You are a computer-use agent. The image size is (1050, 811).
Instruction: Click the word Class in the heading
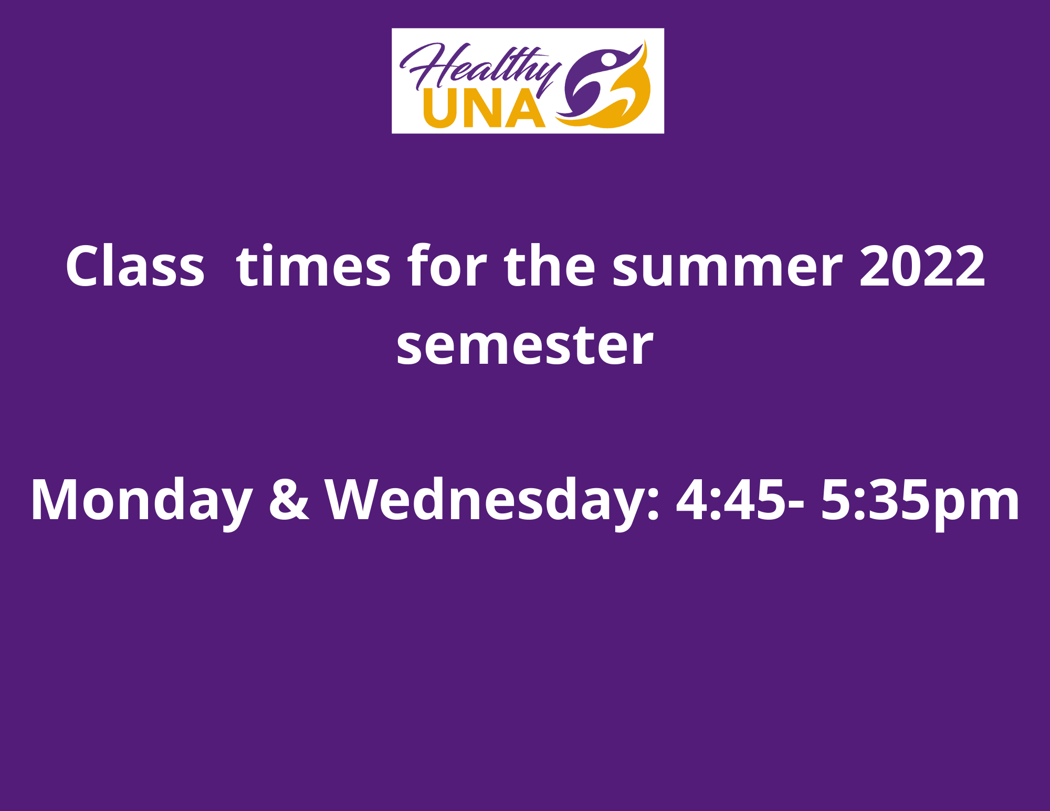(x=135, y=266)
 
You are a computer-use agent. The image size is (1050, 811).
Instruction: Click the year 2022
(x=922, y=266)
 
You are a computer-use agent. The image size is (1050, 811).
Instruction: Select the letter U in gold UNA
(x=440, y=109)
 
